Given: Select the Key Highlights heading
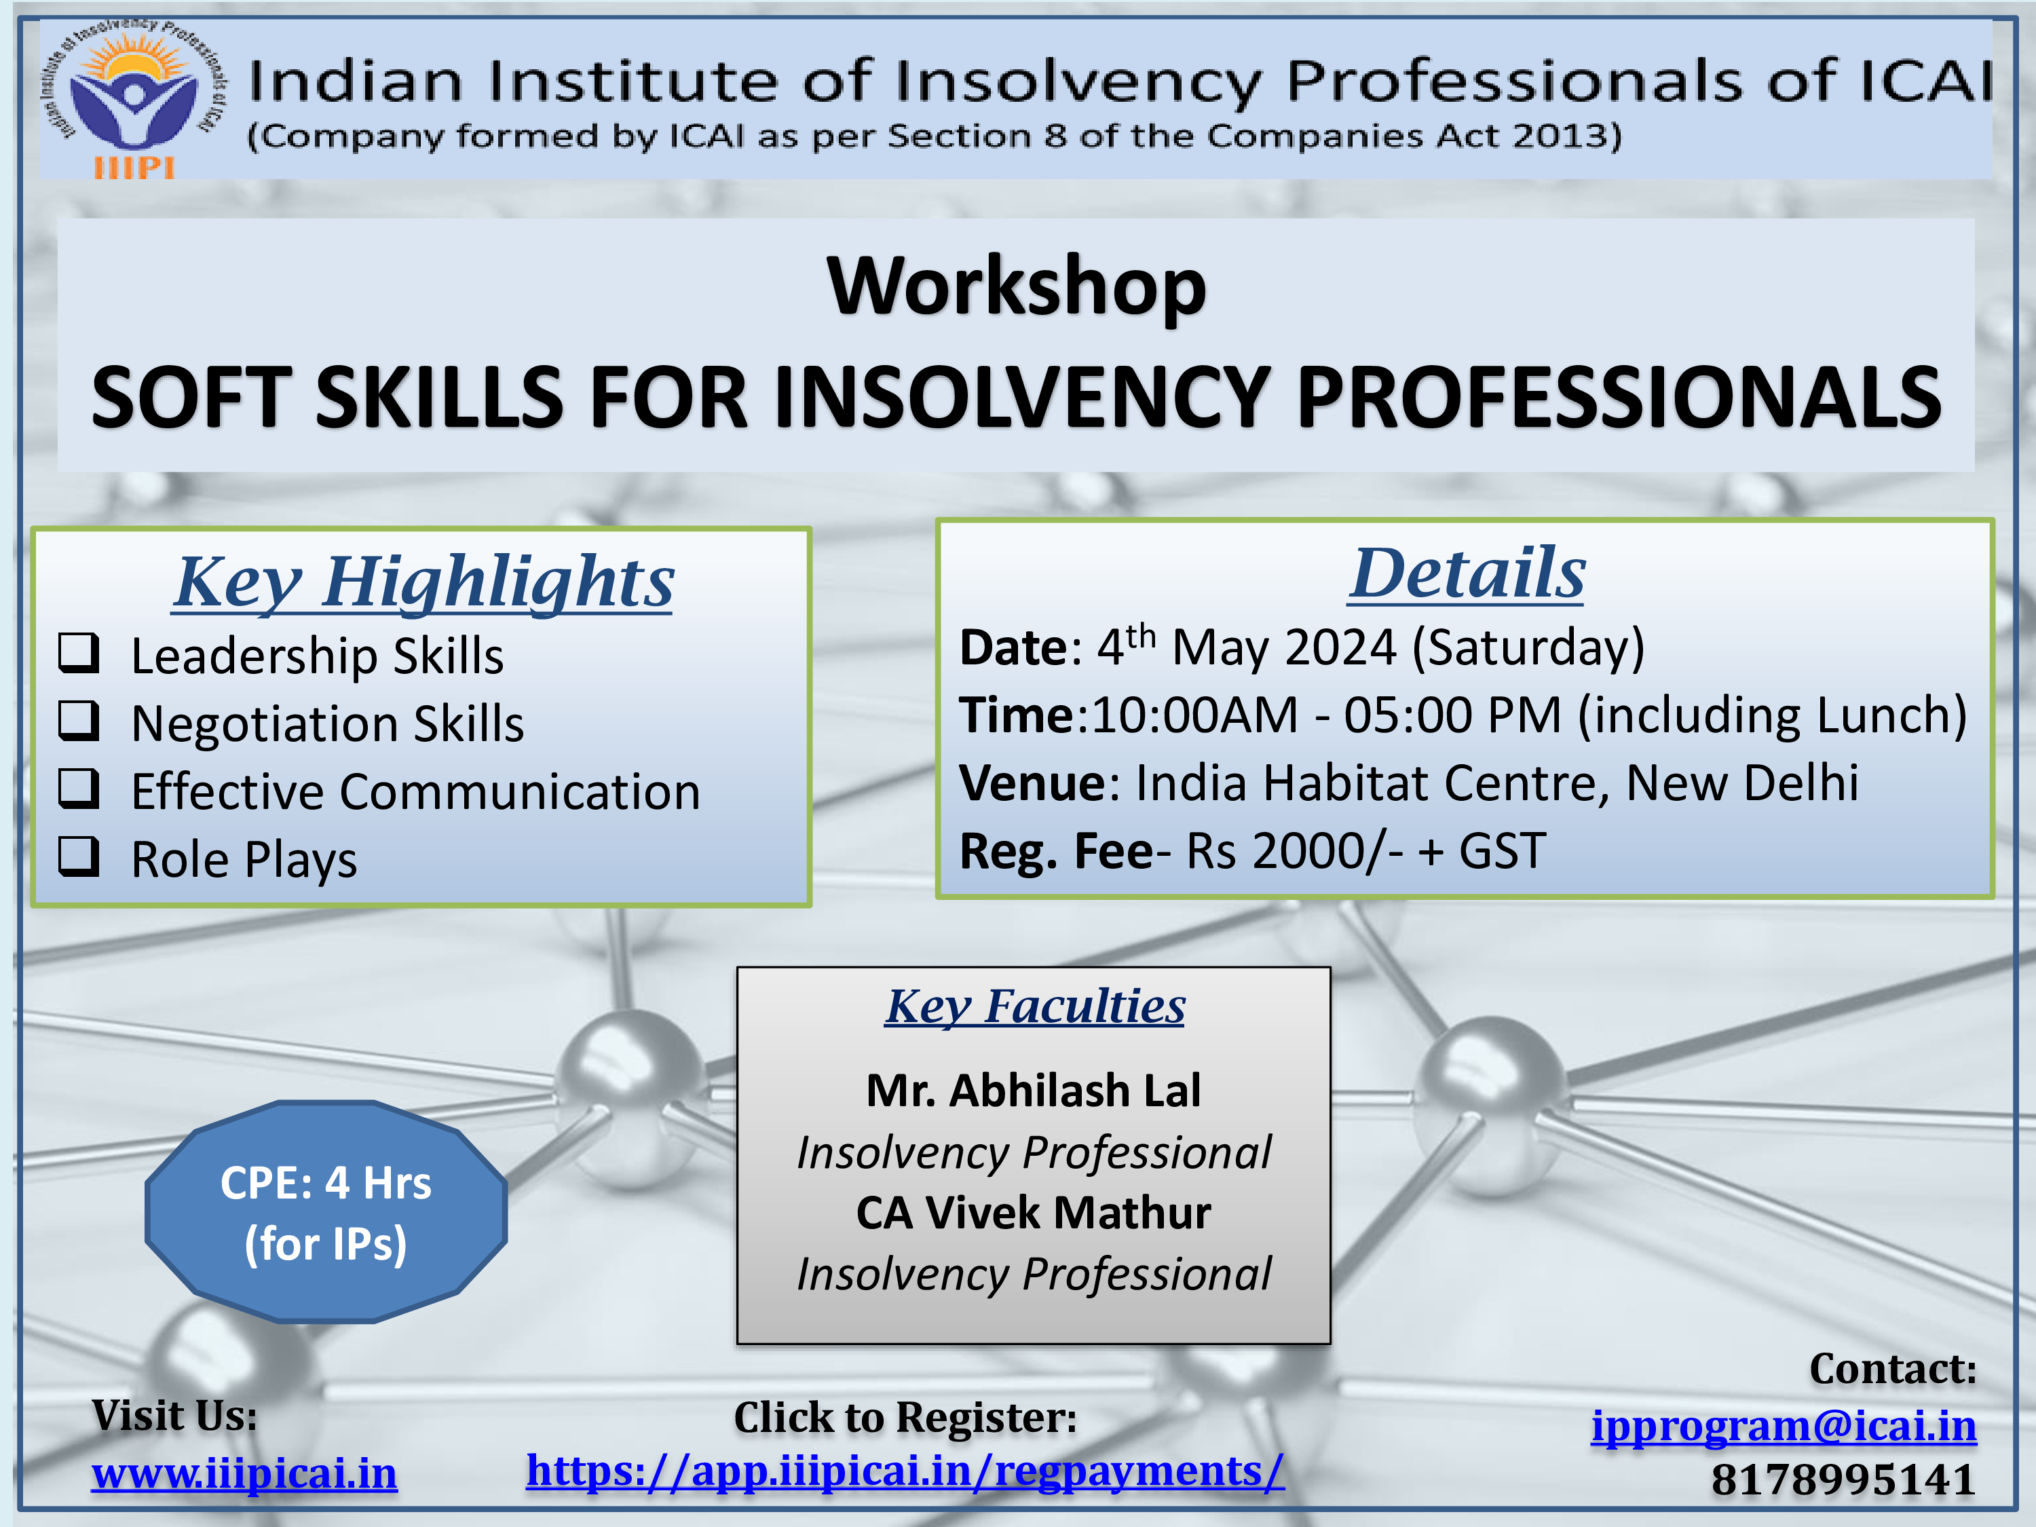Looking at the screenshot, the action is [423, 582].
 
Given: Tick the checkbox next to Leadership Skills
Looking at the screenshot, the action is [79, 653].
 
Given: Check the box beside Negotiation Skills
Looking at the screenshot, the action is [79, 721].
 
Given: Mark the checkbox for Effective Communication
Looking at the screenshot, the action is [79, 789].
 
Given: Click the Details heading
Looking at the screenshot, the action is [1467, 573].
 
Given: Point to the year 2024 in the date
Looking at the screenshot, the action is [1340, 647].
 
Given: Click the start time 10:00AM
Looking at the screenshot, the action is [1194, 715].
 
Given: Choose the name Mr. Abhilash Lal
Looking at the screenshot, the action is [1034, 1091].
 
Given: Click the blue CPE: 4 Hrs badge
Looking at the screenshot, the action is [326, 1212].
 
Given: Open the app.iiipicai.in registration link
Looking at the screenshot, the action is [905, 1471].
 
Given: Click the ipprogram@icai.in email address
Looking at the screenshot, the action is [1784, 1426].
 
